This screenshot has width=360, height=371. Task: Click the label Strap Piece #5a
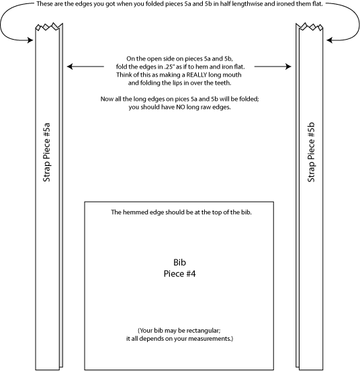(x=46, y=152)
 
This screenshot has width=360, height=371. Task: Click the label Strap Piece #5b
(x=311, y=152)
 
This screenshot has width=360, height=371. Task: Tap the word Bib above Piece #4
(x=179, y=262)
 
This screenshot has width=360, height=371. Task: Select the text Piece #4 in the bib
(x=179, y=274)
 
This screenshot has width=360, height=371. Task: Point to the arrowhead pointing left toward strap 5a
(x=70, y=67)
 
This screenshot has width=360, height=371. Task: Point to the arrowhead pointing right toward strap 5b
(x=288, y=67)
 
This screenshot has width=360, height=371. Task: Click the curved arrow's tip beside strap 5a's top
(x=33, y=40)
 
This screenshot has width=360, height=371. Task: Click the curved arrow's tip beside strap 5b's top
(x=327, y=40)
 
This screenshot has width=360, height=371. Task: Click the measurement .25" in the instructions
(x=169, y=67)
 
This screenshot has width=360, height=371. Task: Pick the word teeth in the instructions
(x=222, y=83)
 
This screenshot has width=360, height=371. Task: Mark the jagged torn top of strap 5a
(x=49, y=26)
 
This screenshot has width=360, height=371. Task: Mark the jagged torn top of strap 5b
(x=309, y=26)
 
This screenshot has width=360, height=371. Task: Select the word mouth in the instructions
(x=233, y=75)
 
